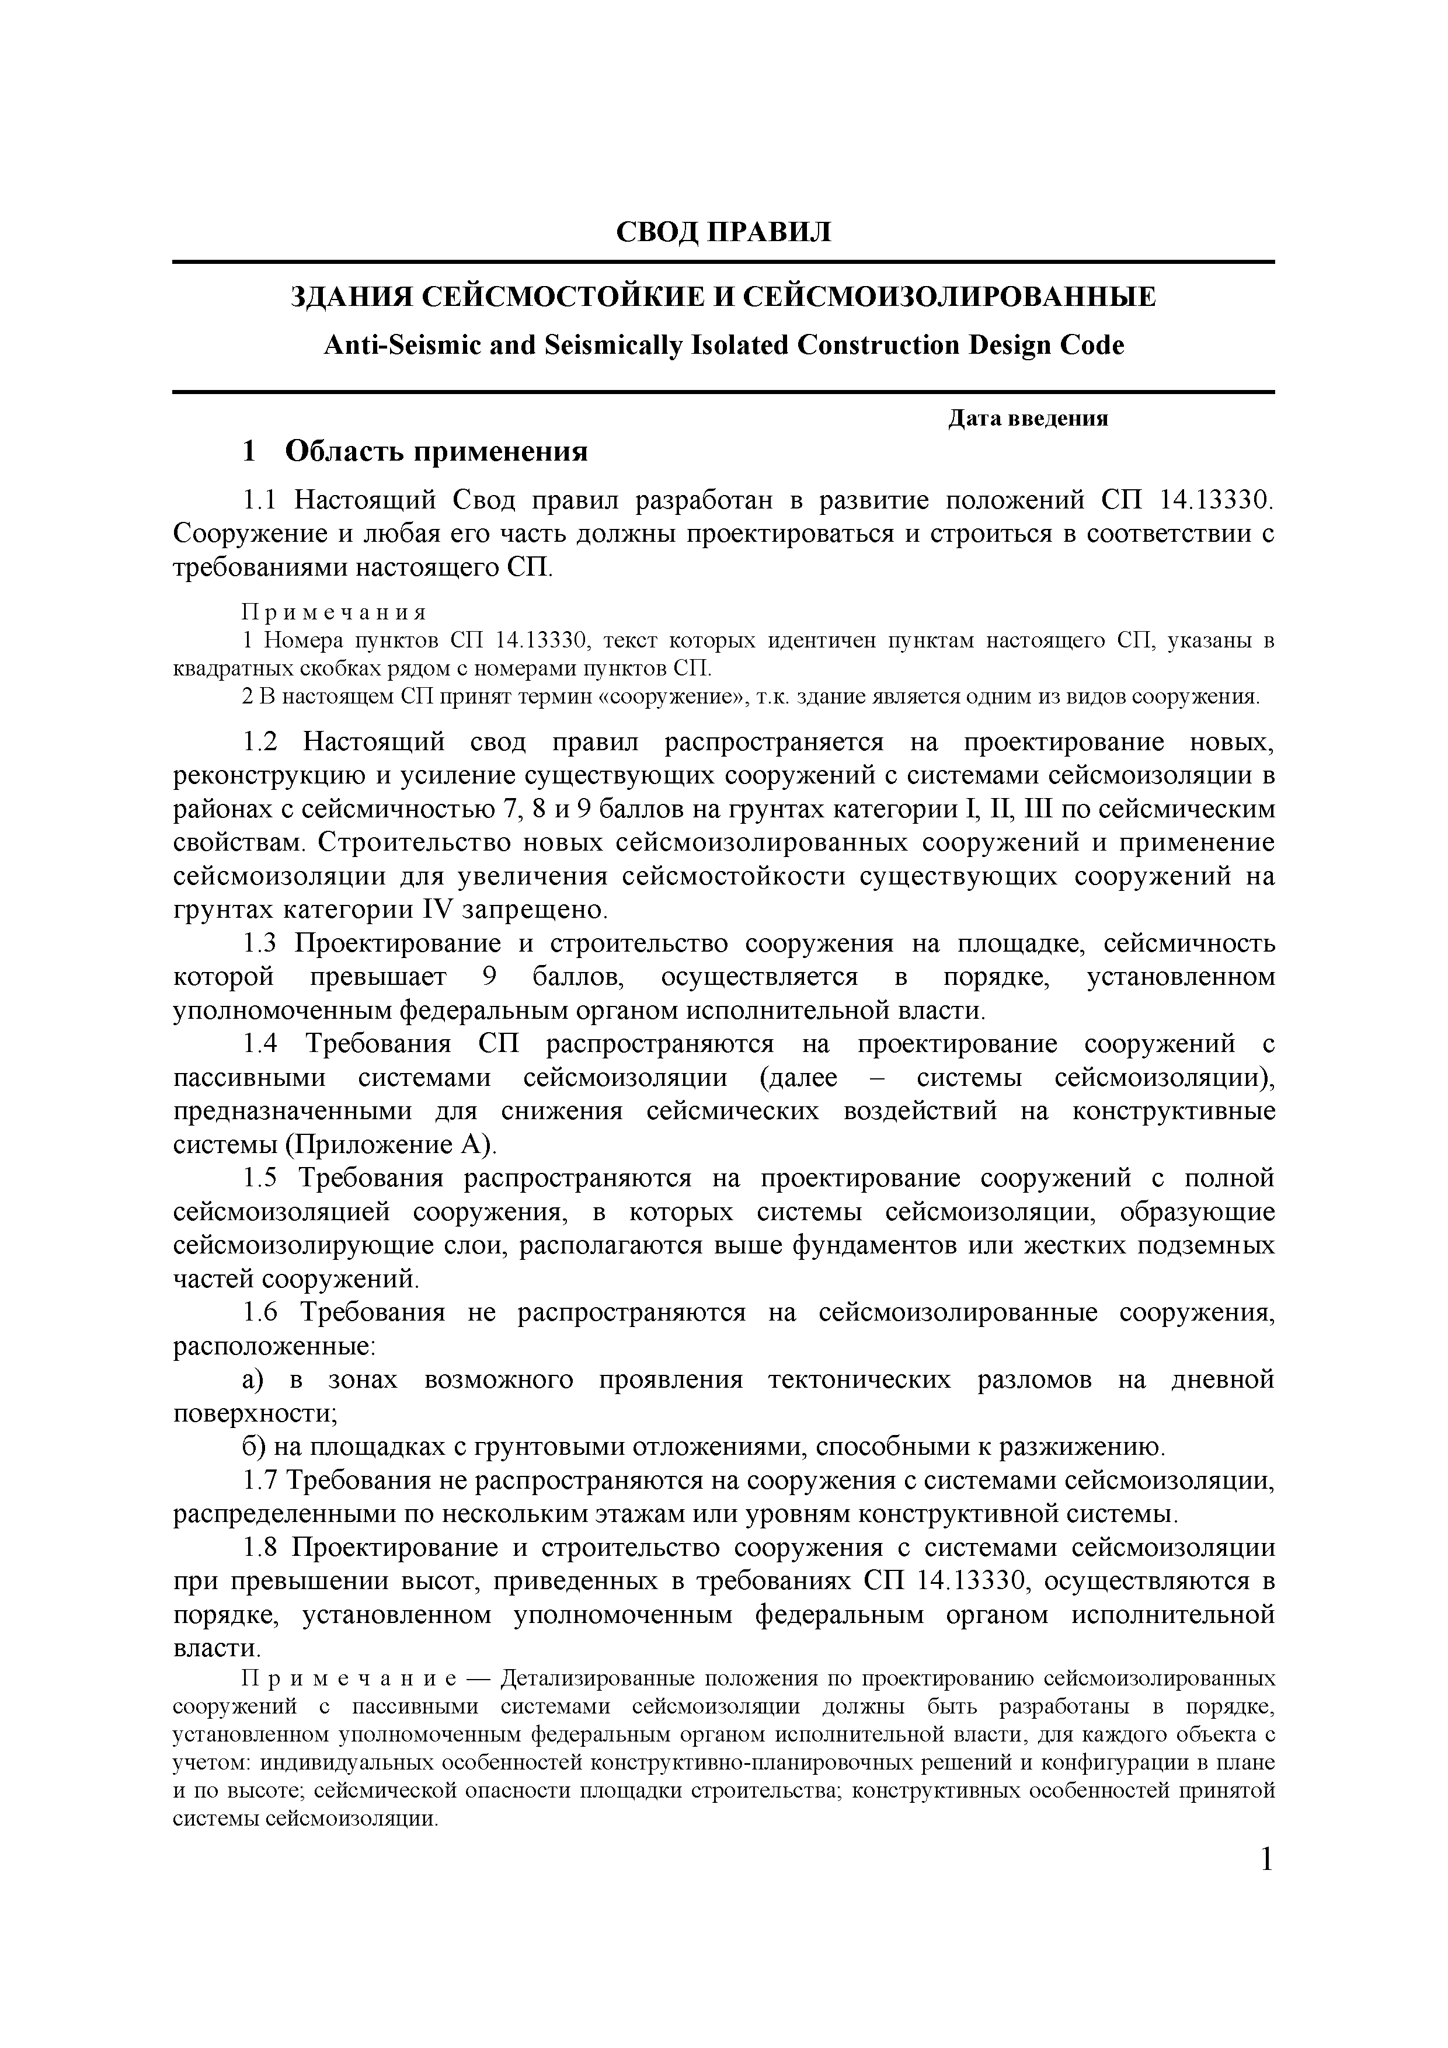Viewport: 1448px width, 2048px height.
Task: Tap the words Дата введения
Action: click(x=1027, y=419)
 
